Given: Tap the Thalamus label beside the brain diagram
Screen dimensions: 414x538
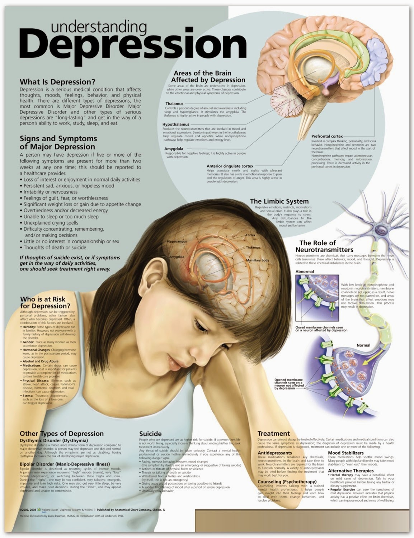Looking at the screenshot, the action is coord(170,104).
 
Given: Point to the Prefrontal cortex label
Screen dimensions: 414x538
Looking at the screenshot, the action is coord(327,136).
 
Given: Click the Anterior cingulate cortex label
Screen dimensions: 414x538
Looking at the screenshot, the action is coord(230,166).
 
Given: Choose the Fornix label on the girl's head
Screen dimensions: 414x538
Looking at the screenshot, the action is coord(250,235).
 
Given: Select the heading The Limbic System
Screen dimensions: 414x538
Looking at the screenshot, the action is coord(279,201).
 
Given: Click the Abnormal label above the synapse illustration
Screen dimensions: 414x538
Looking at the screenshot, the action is coord(305,272).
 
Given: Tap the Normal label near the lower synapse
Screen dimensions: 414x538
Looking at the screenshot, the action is coord(363,345).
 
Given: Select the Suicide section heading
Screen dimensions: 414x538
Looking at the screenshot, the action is coord(150,434).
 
